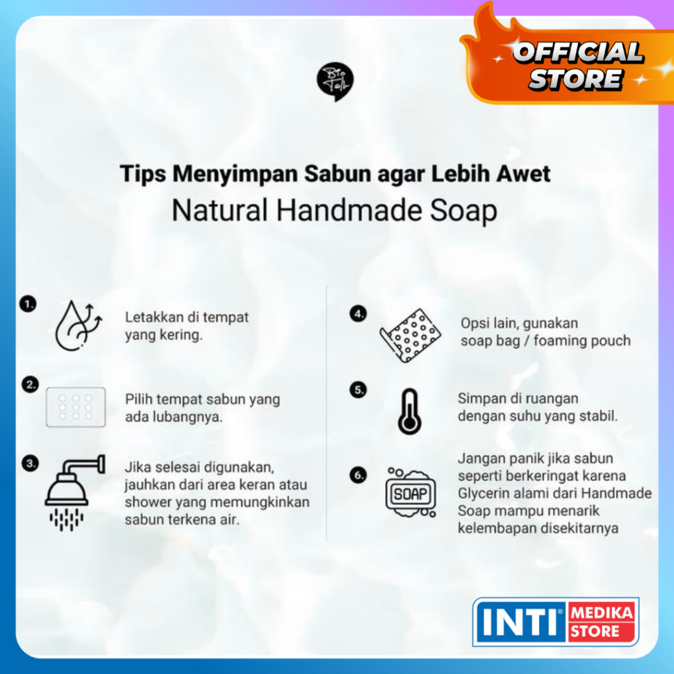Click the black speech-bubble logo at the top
(x=335, y=82)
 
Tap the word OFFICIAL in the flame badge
(x=578, y=53)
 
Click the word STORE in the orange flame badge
(x=575, y=79)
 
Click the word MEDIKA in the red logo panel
(x=602, y=613)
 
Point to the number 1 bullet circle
(x=28, y=304)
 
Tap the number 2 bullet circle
(x=30, y=384)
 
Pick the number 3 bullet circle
(x=30, y=463)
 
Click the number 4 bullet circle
(x=358, y=314)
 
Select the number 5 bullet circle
(x=358, y=390)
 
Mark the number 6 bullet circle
(x=358, y=475)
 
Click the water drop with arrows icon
(x=78, y=325)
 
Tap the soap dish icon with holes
(x=76, y=407)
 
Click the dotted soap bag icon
(x=410, y=335)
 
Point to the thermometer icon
(x=409, y=411)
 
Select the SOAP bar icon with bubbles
(x=411, y=492)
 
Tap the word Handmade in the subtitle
(x=349, y=211)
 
